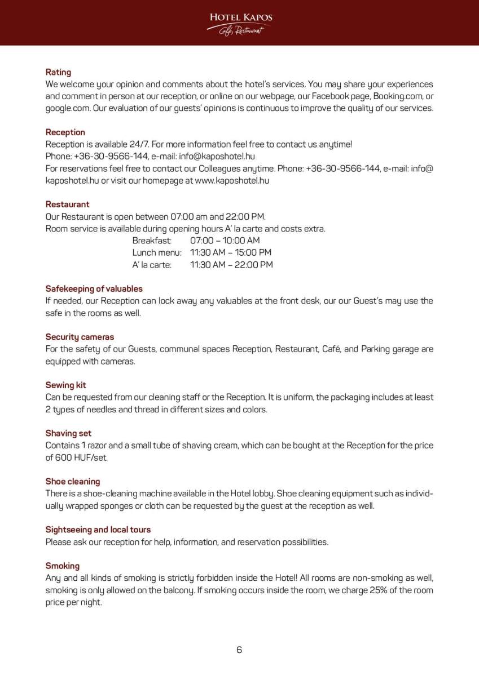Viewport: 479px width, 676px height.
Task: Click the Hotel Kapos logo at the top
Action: (240, 23)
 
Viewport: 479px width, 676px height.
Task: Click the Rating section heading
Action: (58, 72)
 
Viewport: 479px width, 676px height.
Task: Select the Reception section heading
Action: (65, 132)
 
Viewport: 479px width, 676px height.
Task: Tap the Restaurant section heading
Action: (67, 204)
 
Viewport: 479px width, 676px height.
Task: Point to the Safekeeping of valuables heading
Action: (94, 289)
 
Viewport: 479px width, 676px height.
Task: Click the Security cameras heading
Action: (80, 337)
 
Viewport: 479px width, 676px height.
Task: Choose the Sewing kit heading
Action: (65, 385)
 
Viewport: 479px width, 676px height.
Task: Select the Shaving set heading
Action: (68, 433)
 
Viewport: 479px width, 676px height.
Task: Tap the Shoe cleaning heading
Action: (72, 482)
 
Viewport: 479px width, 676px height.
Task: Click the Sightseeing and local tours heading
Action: (98, 530)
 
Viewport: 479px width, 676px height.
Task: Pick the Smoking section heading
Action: (62, 566)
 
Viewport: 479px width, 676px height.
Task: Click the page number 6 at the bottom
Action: (239, 650)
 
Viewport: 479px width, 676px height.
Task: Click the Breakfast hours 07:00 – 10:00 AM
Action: (225, 241)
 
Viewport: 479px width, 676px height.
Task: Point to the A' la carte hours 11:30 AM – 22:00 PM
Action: (231, 265)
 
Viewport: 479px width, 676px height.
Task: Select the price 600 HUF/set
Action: (82, 457)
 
